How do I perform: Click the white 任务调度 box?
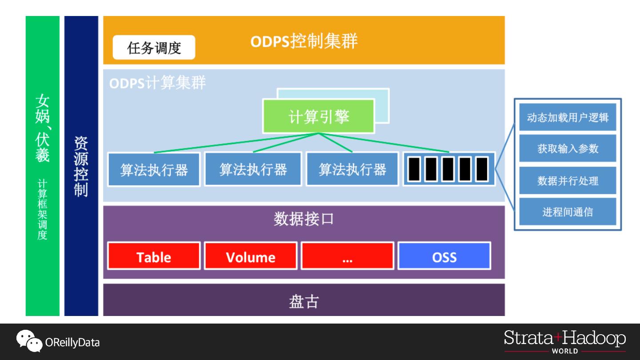click(x=154, y=48)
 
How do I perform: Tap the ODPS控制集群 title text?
click(x=304, y=41)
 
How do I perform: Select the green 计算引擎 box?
click(x=318, y=116)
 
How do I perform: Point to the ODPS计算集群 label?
click(x=157, y=83)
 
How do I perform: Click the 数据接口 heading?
click(x=304, y=219)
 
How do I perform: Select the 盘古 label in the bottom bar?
click(x=304, y=301)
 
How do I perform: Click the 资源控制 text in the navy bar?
click(x=81, y=166)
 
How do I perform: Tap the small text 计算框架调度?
click(x=42, y=209)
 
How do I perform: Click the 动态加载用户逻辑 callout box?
click(x=568, y=118)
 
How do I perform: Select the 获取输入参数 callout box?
click(x=568, y=149)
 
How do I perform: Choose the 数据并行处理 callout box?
click(x=568, y=181)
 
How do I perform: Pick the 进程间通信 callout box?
click(x=568, y=212)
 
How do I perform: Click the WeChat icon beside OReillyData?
click(x=29, y=341)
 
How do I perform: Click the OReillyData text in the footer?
click(x=72, y=343)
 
